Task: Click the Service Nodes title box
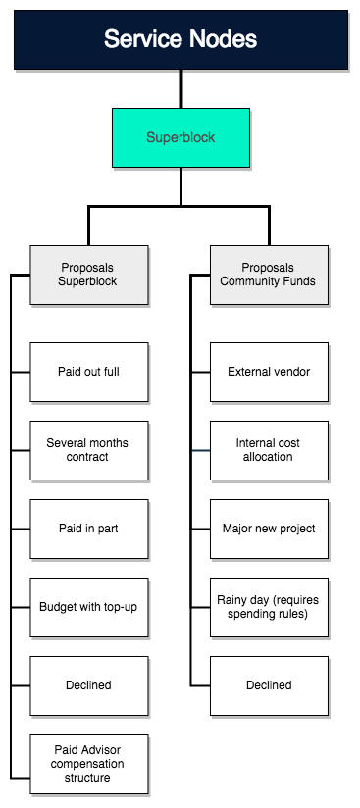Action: coord(180,39)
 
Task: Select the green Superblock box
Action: coord(180,137)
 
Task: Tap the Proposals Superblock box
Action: coord(89,275)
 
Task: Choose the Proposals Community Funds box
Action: coord(269,275)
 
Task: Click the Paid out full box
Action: coord(89,372)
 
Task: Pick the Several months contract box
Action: coord(89,450)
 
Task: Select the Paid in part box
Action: coord(89,529)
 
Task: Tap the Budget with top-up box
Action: coord(89,607)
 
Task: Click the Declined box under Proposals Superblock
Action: coord(89,685)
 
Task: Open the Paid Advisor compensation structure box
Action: coord(89,764)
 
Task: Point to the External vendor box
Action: coord(269,372)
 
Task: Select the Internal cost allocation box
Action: coord(269,450)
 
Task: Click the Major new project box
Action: coord(269,529)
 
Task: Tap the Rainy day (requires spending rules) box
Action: coord(269,607)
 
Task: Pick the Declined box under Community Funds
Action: coord(269,685)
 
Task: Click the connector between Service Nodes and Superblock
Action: coord(180,88)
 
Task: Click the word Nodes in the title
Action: coord(224,39)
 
